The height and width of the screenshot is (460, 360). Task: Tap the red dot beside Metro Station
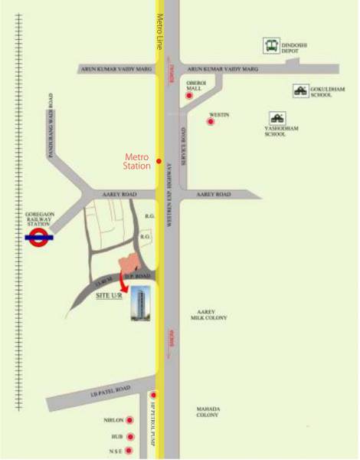pos(159,161)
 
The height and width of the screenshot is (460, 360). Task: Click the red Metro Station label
pos(139,161)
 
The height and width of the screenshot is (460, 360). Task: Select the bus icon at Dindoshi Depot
pos(270,47)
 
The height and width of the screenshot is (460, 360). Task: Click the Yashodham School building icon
pos(275,118)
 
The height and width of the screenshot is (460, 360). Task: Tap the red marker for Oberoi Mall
pos(189,97)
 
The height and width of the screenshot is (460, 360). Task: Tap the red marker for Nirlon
pos(130,420)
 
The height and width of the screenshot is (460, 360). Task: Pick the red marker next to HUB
pos(130,436)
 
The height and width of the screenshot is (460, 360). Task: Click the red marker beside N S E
pos(130,450)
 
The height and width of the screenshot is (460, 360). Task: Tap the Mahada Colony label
pos(208,411)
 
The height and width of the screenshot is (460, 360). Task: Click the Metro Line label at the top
pos(160,31)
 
